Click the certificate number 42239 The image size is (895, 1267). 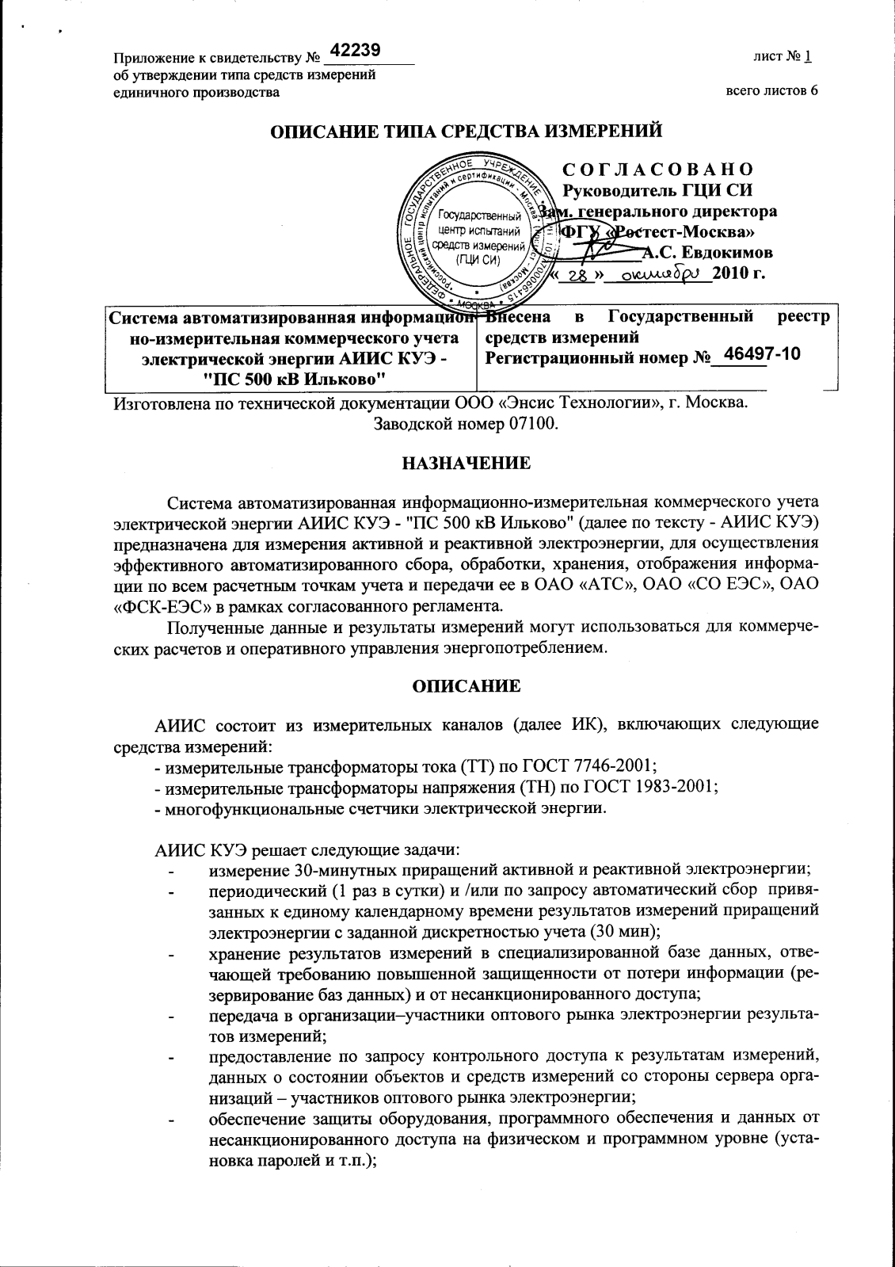356,51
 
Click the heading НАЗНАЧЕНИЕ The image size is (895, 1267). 466,462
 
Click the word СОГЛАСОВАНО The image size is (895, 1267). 657,170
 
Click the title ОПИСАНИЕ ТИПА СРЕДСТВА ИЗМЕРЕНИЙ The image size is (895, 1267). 467,130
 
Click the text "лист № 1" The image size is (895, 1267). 788,57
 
